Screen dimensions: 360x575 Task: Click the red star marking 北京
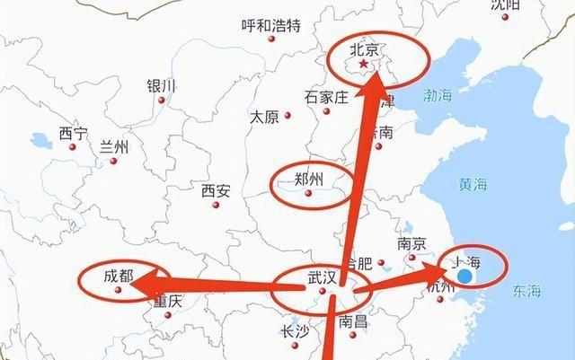click(x=363, y=65)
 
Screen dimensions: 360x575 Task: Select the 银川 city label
click(x=162, y=85)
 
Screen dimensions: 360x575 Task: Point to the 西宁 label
click(x=74, y=133)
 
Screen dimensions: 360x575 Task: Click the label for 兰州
click(x=114, y=147)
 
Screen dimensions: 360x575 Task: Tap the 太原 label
click(x=264, y=117)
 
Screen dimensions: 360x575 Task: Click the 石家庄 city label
click(x=325, y=96)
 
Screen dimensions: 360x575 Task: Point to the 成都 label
click(x=118, y=277)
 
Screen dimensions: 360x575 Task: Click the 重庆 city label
click(x=167, y=302)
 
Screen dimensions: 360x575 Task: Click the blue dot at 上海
click(x=466, y=277)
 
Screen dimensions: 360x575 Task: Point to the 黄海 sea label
click(x=473, y=184)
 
